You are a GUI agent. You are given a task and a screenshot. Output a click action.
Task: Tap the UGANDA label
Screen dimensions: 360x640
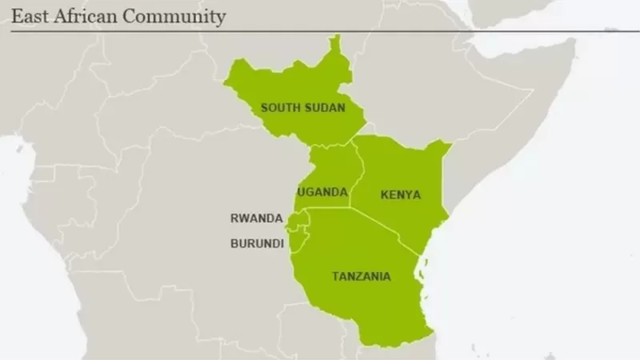[x=322, y=192]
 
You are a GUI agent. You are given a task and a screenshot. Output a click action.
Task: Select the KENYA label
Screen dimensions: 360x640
[x=401, y=194]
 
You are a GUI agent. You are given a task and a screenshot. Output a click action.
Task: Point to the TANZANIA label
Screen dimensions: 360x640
[x=362, y=277]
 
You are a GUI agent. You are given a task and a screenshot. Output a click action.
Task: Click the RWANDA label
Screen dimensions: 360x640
[x=256, y=218]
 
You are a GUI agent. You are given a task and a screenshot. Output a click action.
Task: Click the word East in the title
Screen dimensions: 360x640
[x=27, y=16]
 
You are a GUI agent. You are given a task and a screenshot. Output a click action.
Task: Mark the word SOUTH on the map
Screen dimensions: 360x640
[x=280, y=107]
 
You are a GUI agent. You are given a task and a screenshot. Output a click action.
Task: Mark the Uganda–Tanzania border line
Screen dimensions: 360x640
[x=328, y=209]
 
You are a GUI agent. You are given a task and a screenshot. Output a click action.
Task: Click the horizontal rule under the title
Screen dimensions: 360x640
[x=320, y=30]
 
